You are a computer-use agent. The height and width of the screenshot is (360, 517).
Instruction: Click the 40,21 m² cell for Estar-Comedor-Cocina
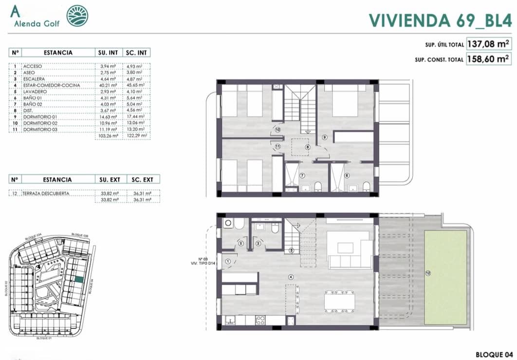click(107, 85)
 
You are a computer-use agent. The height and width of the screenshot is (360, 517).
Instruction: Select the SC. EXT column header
click(142, 180)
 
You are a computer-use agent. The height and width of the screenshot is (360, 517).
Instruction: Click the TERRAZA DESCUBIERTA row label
click(46, 193)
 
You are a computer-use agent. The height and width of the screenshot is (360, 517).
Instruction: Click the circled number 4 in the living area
click(291, 277)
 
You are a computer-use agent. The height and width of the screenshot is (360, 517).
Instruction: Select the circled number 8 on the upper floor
click(307, 147)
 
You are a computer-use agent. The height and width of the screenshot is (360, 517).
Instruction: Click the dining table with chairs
click(339, 302)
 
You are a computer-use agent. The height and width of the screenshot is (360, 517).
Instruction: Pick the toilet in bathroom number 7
click(317, 187)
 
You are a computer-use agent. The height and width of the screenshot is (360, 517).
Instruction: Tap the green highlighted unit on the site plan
click(78, 280)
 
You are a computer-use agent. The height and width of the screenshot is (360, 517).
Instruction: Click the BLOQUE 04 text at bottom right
click(495, 354)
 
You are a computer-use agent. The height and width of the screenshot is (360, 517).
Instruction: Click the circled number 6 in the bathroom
click(347, 175)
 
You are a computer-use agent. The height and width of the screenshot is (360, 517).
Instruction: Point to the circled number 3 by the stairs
click(292, 250)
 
